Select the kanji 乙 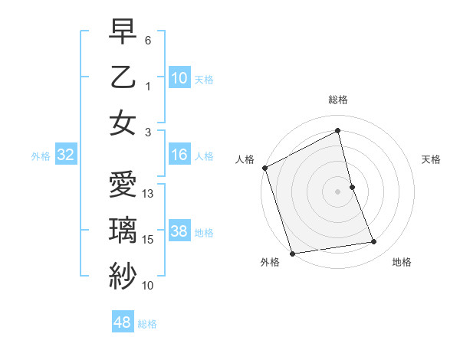pyautogui.click(x=122, y=78)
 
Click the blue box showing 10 pyautogui.click(x=179, y=78)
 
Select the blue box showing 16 pyautogui.click(x=179, y=155)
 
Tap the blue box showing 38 pyautogui.click(x=179, y=232)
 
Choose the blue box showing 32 pyautogui.click(x=65, y=155)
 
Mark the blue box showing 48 pyautogui.click(x=122, y=322)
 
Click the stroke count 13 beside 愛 pyautogui.click(x=149, y=194)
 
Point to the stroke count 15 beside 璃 pyautogui.click(x=149, y=240)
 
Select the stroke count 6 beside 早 pyautogui.click(x=148, y=41)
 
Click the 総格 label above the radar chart pyautogui.click(x=338, y=100)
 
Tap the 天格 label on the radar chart pyautogui.click(x=431, y=159)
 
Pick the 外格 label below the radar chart pyautogui.click(x=269, y=263)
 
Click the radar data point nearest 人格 pyautogui.click(x=264, y=168)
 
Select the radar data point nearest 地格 pyautogui.click(x=374, y=242)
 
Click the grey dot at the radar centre pyautogui.click(x=338, y=191)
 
